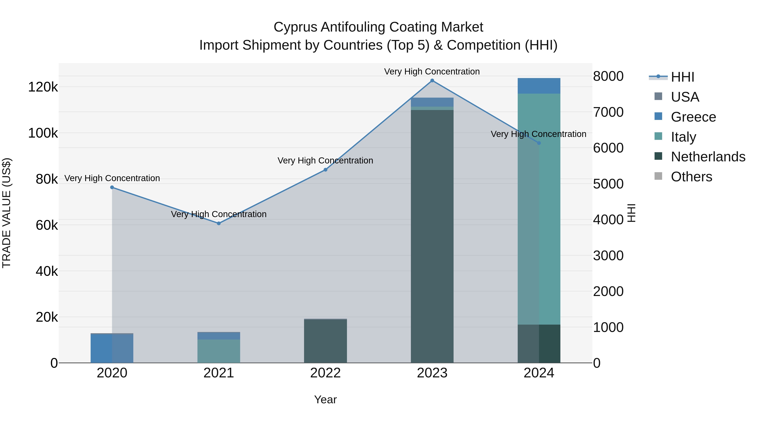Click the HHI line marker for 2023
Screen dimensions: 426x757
pos(432,81)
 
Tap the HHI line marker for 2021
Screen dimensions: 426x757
pos(219,223)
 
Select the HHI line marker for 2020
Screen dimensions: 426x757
pos(112,187)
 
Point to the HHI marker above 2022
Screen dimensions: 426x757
pos(325,170)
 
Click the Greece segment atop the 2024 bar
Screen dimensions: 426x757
pos(539,86)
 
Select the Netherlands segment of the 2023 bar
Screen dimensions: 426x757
pos(432,235)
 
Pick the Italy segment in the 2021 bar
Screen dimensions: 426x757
pos(219,351)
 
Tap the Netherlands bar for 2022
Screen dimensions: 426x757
pos(325,341)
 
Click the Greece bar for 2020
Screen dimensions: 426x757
pos(112,349)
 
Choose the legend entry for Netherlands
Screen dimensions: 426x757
pos(708,157)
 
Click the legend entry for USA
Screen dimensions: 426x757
pos(685,97)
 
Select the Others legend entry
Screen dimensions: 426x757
pos(691,177)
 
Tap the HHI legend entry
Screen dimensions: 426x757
pos(682,77)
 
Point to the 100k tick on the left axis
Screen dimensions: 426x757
pos(43,133)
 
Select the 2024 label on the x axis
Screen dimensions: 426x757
pos(539,373)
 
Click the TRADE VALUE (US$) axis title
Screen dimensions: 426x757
pos(7,213)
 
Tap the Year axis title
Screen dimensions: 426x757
pos(325,399)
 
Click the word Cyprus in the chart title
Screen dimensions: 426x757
pos(295,27)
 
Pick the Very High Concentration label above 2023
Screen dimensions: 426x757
pos(432,72)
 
